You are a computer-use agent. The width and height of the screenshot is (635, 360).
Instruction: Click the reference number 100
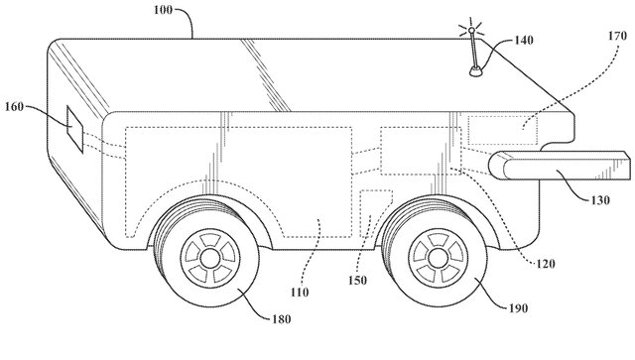pos(163,9)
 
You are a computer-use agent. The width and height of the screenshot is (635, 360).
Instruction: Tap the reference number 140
pos(524,40)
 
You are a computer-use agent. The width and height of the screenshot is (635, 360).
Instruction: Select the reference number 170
pos(617,36)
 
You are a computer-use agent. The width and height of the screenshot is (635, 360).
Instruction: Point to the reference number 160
pos(14,107)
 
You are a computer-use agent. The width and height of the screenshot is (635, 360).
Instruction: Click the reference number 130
pos(599,200)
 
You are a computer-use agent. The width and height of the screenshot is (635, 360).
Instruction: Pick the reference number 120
pos(545,264)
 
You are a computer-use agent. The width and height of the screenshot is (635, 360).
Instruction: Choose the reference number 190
pos(518,308)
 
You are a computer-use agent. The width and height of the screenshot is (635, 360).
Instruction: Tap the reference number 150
pos(357,281)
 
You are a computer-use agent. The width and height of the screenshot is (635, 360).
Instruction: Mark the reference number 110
pos(300,292)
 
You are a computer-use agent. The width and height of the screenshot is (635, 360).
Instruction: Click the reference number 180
pos(281,319)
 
